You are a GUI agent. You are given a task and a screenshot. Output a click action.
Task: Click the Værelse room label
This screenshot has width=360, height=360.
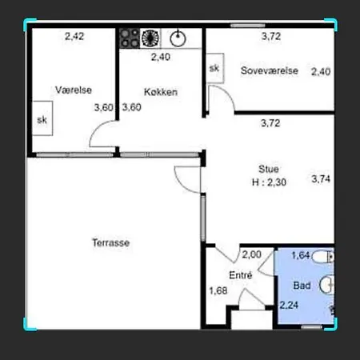pos(74,90)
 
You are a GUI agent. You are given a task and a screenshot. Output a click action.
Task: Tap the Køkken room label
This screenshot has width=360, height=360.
pos(161,92)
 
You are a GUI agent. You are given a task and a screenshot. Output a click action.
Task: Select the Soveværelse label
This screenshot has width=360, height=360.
pos(270,70)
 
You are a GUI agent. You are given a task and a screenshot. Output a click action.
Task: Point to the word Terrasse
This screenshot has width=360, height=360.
pos(111,242)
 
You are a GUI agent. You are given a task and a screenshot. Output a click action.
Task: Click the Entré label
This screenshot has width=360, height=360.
pos(241,275)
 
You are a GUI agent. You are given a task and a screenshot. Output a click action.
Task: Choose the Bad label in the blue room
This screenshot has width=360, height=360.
pos(302,286)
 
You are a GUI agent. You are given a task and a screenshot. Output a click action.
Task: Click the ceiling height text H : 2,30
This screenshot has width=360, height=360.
pos(269,182)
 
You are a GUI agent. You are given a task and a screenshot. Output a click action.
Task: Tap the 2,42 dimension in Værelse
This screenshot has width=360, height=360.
pos(74,36)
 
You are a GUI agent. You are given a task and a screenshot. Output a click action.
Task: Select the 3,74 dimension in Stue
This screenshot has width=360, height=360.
pos(321,178)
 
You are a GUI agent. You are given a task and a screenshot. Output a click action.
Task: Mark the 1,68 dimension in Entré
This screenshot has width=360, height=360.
pos(218,290)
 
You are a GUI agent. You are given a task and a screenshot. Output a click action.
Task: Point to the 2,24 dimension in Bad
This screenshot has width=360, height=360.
pos(289,305)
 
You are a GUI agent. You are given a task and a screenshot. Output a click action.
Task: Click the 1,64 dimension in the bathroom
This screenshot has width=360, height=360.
pos(301,255)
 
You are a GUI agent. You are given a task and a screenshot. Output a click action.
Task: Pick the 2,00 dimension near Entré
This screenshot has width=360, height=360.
pos(251,254)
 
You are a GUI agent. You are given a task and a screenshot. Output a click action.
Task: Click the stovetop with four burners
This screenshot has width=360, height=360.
pos(130,38)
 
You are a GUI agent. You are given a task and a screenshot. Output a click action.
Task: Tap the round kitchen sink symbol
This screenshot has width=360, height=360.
pos(178,38)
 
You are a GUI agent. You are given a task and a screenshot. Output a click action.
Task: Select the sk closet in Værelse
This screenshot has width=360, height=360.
pos(42,118)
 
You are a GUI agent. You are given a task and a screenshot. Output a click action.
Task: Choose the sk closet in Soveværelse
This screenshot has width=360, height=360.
pos(215,68)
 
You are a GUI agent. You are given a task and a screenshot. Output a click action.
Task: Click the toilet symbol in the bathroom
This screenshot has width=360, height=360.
pos(323,257)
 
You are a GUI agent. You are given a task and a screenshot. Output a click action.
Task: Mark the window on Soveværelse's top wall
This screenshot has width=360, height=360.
pos(248,26)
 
